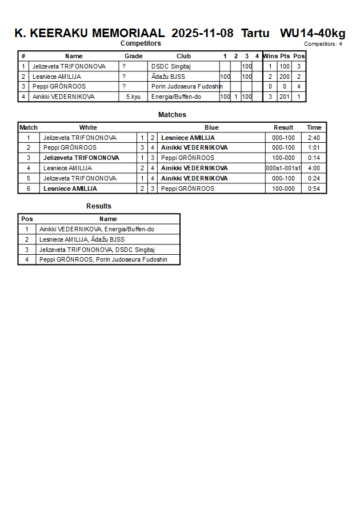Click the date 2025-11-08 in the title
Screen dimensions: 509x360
[x=202, y=33]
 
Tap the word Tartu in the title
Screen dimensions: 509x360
[x=255, y=33]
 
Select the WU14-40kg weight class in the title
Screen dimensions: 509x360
[x=313, y=33]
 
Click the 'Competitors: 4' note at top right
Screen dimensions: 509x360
[x=323, y=43]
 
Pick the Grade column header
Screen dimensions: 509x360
[x=133, y=56]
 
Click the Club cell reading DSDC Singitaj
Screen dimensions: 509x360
[x=171, y=66]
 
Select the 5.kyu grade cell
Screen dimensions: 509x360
[x=133, y=97]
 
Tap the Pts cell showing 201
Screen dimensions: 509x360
[x=285, y=97]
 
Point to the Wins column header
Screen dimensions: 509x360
[x=270, y=56]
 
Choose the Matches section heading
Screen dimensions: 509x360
[x=172, y=115]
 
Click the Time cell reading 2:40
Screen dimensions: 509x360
[x=314, y=138]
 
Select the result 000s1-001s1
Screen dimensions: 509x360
[x=283, y=169]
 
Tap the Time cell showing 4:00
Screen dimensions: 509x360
[x=314, y=169]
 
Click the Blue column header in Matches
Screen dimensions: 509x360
[x=211, y=127]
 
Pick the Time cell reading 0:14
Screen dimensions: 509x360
[x=314, y=158]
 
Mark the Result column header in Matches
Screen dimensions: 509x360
[x=283, y=127]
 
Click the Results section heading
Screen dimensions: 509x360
[x=99, y=206]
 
